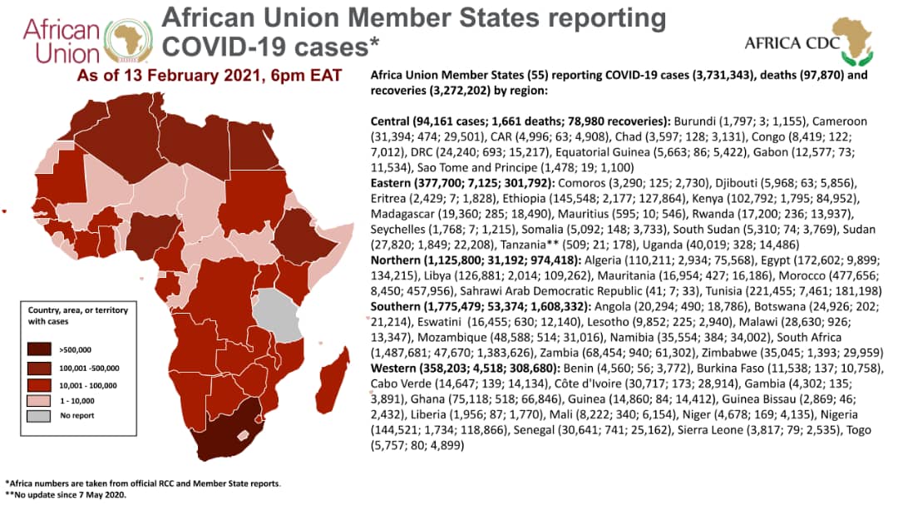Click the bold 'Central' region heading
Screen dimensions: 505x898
tap(392, 118)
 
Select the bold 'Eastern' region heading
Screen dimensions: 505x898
tap(394, 181)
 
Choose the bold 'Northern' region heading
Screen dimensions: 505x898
tap(398, 260)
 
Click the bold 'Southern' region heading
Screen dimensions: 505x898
tap(400, 305)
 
